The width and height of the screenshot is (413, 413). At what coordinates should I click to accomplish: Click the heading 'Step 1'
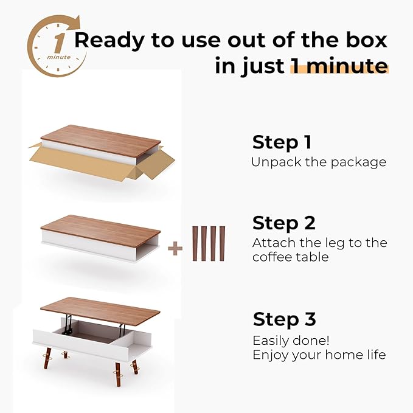282,142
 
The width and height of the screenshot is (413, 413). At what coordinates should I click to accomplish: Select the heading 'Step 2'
283,223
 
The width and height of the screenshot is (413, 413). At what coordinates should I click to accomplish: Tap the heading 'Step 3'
284,319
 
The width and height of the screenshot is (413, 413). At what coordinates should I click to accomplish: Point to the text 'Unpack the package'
318,162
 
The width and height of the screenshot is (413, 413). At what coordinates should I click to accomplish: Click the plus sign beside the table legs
175,248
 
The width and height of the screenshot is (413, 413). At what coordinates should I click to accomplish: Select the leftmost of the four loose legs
195,243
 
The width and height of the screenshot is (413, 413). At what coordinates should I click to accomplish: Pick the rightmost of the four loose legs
221,243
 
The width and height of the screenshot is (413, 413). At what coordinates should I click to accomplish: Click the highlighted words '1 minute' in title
339,66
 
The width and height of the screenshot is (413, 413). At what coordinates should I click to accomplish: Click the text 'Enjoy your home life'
319,355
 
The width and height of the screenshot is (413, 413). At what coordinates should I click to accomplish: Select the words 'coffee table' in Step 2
290,257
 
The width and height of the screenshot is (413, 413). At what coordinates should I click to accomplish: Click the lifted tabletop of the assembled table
100,309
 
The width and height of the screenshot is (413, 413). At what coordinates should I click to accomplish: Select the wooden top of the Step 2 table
100,229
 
